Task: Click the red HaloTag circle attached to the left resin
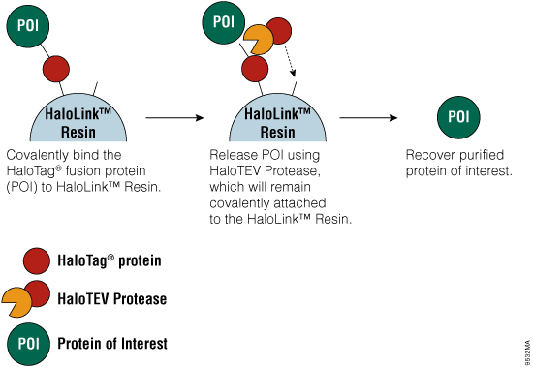click(56, 71)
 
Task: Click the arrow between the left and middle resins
click(173, 116)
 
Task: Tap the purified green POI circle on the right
click(457, 116)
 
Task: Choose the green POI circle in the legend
click(29, 342)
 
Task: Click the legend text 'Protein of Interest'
click(112, 343)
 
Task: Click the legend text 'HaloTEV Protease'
click(111, 299)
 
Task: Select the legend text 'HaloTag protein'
click(110, 260)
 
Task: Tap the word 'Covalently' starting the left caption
click(37, 154)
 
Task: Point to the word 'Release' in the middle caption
click(234, 154)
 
